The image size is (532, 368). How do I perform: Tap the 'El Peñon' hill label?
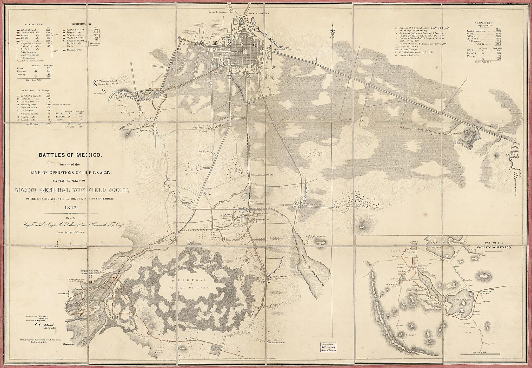[456, 133]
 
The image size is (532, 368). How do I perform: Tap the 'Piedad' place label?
[203, 131]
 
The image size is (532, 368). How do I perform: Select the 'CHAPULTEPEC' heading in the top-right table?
[483, 23]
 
